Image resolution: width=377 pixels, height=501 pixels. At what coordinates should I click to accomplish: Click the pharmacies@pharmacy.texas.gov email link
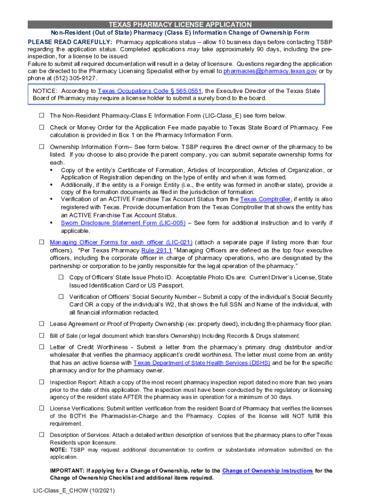269,71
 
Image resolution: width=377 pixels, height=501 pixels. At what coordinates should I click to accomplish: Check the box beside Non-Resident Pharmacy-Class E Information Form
42,116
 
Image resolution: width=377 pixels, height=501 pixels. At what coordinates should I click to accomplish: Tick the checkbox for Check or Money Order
42,128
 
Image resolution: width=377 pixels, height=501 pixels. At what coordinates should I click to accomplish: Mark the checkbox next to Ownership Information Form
42,147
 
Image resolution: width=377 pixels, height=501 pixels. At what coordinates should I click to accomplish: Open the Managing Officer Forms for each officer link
121,243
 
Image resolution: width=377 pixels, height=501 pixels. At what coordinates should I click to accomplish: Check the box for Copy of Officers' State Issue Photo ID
62,277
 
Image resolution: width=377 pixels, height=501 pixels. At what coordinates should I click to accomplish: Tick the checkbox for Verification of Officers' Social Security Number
62,296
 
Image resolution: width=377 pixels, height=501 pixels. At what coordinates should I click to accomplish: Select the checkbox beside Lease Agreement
42,324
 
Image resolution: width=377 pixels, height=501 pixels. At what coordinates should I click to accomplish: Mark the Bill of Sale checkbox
42,336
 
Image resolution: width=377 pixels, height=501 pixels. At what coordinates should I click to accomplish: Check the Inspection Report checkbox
42,382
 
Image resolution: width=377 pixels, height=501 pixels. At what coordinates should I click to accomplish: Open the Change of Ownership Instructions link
267,471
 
